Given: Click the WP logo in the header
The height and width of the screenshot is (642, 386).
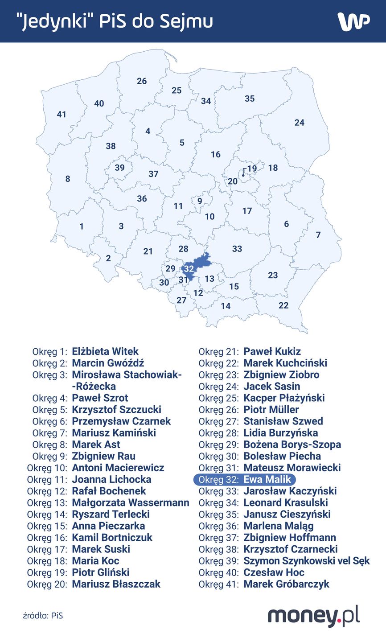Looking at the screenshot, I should click(x=353, y=21).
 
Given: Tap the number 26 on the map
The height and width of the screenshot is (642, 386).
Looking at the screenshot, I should click(x=142, y=81).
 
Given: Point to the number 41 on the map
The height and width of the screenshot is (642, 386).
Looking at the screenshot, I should click(x=62, y=115).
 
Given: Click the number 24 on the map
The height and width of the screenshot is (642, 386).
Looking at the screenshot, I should click(x=299, y=123).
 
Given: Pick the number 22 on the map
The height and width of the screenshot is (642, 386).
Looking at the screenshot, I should click(x=283, y=305).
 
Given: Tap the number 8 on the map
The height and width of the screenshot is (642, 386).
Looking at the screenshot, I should click(x=68, y=179).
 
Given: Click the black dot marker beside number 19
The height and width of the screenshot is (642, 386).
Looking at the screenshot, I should click(x=243, y=175).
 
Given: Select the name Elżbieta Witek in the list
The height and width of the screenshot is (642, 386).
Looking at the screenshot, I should click(x=105, y=351).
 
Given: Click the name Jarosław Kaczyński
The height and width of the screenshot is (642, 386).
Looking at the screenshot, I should click(x=290, y=491).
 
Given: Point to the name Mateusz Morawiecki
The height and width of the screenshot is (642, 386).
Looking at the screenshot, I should click(x=292, y=468).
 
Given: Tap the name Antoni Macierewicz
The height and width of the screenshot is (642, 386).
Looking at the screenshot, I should click(x=118, y=468).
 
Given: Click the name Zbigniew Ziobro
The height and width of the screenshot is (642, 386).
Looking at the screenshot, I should click(x=281, y=374).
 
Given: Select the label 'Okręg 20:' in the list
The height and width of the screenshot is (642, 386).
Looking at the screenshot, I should click(x=47, y=584).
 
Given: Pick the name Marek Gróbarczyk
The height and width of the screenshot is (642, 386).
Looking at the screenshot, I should click(x=286, y=584).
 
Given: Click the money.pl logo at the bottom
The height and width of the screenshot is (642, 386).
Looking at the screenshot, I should click(x=313, y=617).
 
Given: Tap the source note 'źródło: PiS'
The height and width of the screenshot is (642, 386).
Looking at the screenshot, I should click(x=43, y=616).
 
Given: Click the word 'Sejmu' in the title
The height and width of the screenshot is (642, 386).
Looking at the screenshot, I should click(x=187, y=21).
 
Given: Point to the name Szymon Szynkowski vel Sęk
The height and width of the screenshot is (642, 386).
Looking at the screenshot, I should click(x=307, y=561).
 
